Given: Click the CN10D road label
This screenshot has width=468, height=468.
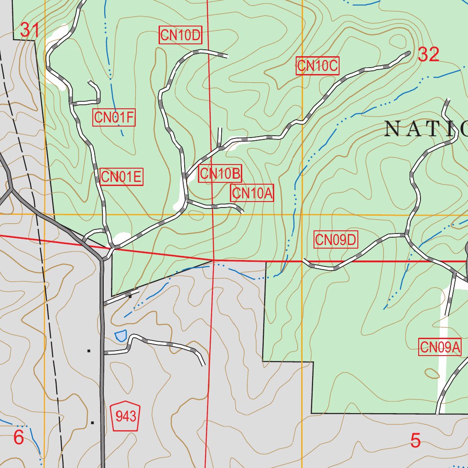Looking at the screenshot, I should [181, 36].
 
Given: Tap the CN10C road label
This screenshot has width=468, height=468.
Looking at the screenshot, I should [317, 66].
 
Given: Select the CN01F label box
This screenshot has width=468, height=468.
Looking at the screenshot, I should [114, 118].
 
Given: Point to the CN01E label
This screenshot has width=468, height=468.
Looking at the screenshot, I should [122, 177].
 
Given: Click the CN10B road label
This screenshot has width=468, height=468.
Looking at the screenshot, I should [220, 174].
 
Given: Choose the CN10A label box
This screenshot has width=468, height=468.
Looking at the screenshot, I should [252, 193].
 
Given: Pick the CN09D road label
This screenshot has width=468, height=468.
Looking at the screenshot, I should [336, 239].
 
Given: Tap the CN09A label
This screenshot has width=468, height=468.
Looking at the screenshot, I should [440, 347].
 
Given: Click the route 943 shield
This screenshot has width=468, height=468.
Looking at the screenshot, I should [126, 416].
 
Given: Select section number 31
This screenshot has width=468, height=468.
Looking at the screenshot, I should [30, 31].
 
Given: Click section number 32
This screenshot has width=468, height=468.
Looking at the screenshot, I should [428, 55].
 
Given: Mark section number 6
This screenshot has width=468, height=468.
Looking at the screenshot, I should [18, 437].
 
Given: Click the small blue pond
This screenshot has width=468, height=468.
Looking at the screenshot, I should [120, 336].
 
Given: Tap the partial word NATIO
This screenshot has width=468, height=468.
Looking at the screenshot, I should [425, 129].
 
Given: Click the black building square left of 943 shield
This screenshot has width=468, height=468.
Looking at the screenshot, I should [92, 422].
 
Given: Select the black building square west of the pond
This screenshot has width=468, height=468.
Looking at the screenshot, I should [89, 351].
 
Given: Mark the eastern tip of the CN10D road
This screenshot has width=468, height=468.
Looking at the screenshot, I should [227, 56].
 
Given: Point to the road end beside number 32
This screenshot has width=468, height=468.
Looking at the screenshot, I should [408, 53].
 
